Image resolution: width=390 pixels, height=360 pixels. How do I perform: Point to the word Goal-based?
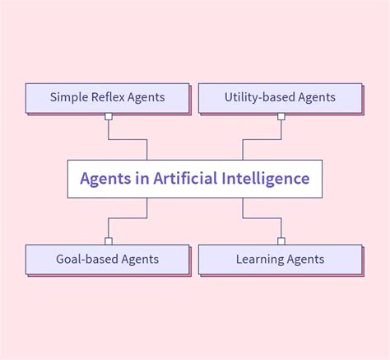pyautogui.click(x=87, y=259)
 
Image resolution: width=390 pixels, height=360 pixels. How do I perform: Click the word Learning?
pyautogui.click(x=260, y=259)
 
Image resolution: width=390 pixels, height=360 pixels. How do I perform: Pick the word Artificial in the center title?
pyautogui.click(x=185, y=178)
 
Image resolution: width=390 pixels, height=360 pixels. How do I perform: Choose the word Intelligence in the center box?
pyautogui.click(x=266, y=179)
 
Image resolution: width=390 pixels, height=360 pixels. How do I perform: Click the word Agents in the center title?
pyautogui.click(x=105, y=179)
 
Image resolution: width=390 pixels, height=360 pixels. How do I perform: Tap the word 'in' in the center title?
pyautogui.click(x=142, y=178)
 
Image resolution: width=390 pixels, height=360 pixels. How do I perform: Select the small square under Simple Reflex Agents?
pyautogui.click(x=109, y=116)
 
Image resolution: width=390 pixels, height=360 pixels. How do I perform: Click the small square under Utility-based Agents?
pyautogui.click(x=281, y=116)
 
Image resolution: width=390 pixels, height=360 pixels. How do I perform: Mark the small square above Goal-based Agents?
pyautogui.click(x=109, y=241)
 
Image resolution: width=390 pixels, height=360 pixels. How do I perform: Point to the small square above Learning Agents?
pyautogui.click(x=281, y=241)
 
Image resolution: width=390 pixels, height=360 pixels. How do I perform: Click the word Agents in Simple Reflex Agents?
pyautogui.click(x=146, y=98)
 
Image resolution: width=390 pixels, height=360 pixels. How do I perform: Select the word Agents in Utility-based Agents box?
pyautogui.click(x=317, y=98)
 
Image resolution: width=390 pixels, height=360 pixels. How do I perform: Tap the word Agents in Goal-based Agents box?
pyautogui.click(x=140, y=259)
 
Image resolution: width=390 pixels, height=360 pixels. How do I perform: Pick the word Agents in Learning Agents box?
pyautogui.click(x=305, y=259)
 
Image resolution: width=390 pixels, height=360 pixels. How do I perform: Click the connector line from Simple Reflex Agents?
pyautogui.click(x=128, y=140)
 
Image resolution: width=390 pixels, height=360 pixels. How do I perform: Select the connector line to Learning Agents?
pyautogui.click(x=262, y=218)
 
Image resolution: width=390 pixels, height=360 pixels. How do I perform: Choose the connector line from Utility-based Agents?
pyautogui.click(x=262, y=140)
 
